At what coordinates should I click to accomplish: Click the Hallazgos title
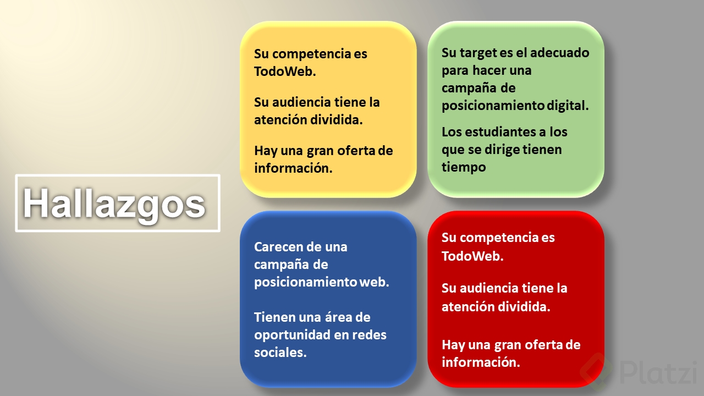114,204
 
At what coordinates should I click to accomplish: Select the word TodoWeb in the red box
472,256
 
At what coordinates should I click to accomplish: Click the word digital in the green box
568,106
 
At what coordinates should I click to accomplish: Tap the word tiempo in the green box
464,167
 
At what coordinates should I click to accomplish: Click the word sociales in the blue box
280,353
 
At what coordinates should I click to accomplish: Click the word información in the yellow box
293,168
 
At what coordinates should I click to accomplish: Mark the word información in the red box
481,362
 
